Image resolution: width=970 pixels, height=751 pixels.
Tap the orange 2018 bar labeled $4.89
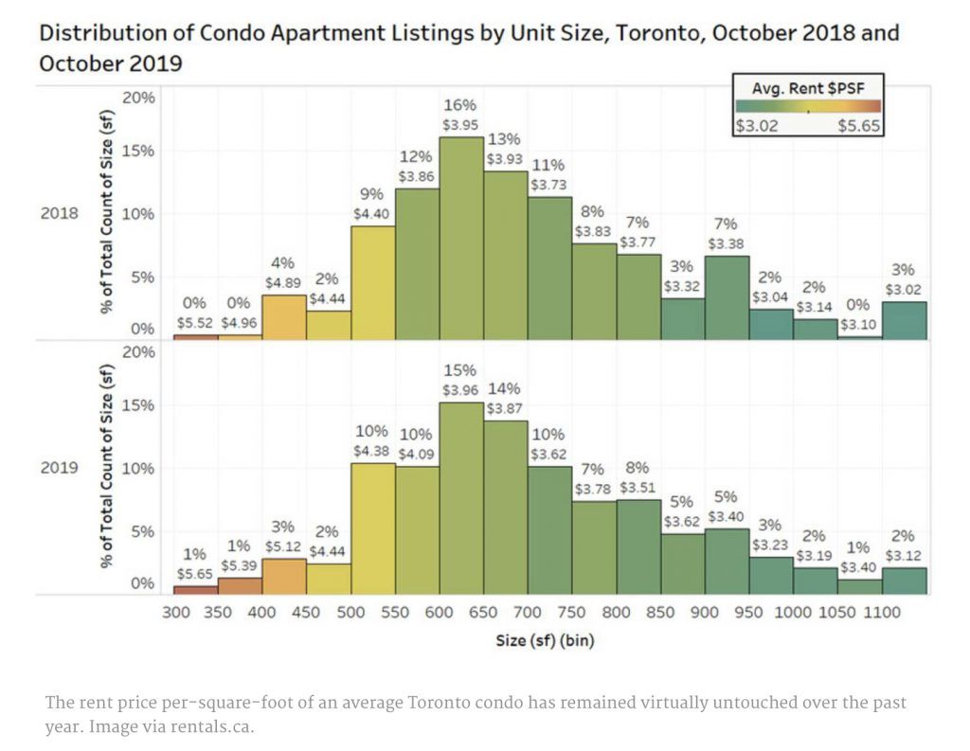pos(283,317)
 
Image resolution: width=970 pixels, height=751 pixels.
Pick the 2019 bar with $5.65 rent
pos(195,590)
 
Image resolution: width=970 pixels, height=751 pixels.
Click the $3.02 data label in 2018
pos(905,289)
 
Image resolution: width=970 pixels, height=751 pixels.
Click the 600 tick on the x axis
pos(440,613)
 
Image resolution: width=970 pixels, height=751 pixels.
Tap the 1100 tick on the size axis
pos(883,613)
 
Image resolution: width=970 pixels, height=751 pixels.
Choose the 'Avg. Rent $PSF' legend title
pos(807,89)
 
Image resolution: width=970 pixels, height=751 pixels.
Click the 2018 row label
pos(60,214)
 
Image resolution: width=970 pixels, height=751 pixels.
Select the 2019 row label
pos(60,468)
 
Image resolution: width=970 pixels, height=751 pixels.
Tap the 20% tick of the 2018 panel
pos(138,98)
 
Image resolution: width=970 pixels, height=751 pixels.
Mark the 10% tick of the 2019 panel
pos(138,468)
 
